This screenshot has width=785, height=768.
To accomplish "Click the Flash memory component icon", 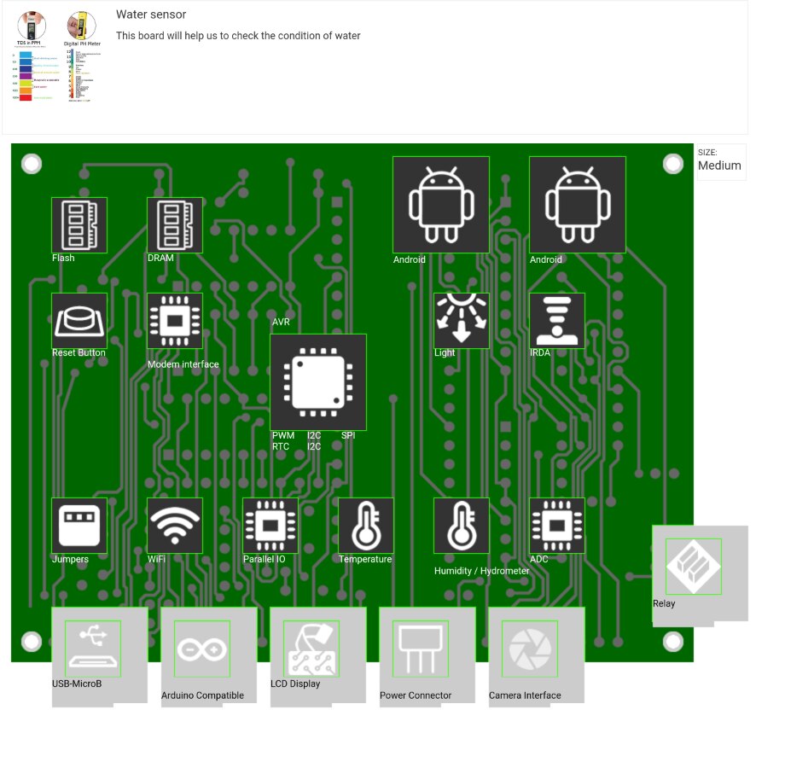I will [x=79, y=225].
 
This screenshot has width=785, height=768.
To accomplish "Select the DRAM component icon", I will [x=175, y=225].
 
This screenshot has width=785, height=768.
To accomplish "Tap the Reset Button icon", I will [x=79, y=321].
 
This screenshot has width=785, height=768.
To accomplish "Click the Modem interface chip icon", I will [x=175, y=321].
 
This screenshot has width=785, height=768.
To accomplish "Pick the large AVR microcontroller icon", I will [x=318, y=382].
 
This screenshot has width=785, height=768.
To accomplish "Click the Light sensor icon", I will [x=462, y=321].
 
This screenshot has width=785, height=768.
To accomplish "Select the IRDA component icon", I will [x=557, y=321].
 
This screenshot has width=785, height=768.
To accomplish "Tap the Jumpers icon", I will [x=79, y=526].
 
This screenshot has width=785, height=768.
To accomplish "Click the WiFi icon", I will [x=175, y=526].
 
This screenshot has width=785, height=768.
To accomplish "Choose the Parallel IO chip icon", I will [x=270, y=526].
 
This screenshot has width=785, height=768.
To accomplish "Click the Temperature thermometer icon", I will [x=366, y=526].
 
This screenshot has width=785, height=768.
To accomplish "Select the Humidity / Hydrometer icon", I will [x=462, y=526].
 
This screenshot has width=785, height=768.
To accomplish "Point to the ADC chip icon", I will [x=557, y=526].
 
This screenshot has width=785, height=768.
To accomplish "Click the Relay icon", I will [x=694, y=567].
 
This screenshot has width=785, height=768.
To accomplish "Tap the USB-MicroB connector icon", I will [x=93, y=649].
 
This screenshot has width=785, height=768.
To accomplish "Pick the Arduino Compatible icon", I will [x=202, y=649].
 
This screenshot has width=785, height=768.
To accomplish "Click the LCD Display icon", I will [x=311, y=649].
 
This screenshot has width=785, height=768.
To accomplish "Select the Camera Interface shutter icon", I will [x=530, y=649].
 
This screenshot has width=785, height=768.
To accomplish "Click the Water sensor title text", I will [x=151, y=15].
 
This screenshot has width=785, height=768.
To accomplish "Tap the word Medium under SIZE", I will [x=719, y=166].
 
